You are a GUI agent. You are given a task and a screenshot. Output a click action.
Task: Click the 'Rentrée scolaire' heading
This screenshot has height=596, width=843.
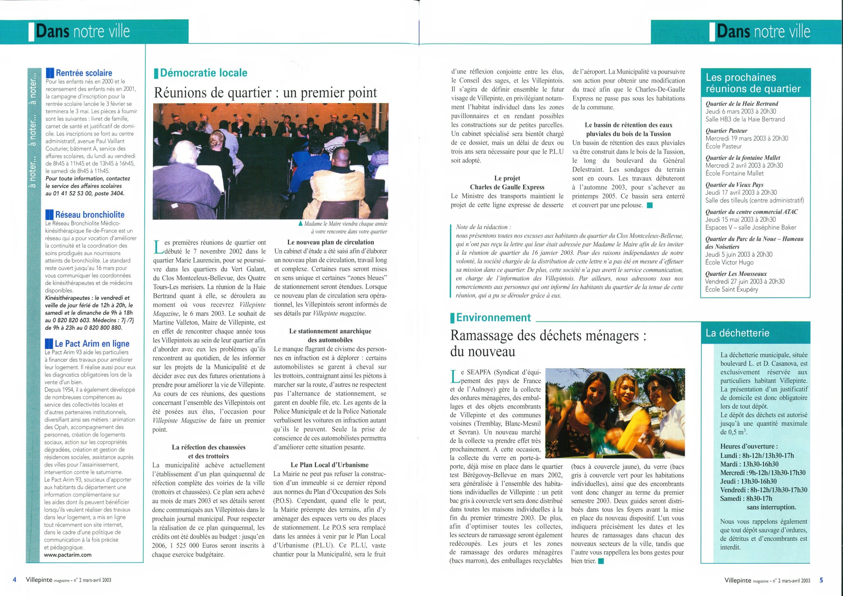coord(84,73)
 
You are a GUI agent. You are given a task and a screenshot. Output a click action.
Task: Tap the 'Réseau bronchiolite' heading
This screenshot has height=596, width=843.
coord(90,214)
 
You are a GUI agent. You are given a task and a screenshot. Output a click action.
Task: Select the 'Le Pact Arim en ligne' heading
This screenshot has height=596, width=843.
coord(92,343)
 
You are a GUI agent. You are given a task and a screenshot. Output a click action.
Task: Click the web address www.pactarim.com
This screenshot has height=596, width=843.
coord(68,555)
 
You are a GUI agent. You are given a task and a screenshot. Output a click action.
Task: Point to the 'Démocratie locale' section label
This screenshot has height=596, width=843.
coord(204,73)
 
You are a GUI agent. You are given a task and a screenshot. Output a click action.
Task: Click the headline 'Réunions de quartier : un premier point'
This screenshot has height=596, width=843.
coord(265,93)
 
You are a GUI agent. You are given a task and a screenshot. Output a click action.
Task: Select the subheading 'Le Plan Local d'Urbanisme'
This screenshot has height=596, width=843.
coord(329,465)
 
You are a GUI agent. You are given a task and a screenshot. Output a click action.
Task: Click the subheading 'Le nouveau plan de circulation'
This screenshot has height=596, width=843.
coord(330,242)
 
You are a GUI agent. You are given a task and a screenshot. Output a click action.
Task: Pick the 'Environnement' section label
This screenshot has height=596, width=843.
coord(493,317)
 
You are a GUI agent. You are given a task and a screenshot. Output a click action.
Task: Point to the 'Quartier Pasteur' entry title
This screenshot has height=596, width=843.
coord(726,131)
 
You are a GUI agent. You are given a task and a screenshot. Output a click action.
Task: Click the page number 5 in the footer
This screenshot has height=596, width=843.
coord(821,580)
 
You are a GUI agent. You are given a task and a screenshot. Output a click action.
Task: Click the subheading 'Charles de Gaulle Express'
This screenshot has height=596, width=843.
coord(507,187)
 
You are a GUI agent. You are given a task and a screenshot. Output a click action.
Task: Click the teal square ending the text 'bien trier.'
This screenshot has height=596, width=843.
coord(601,561)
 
